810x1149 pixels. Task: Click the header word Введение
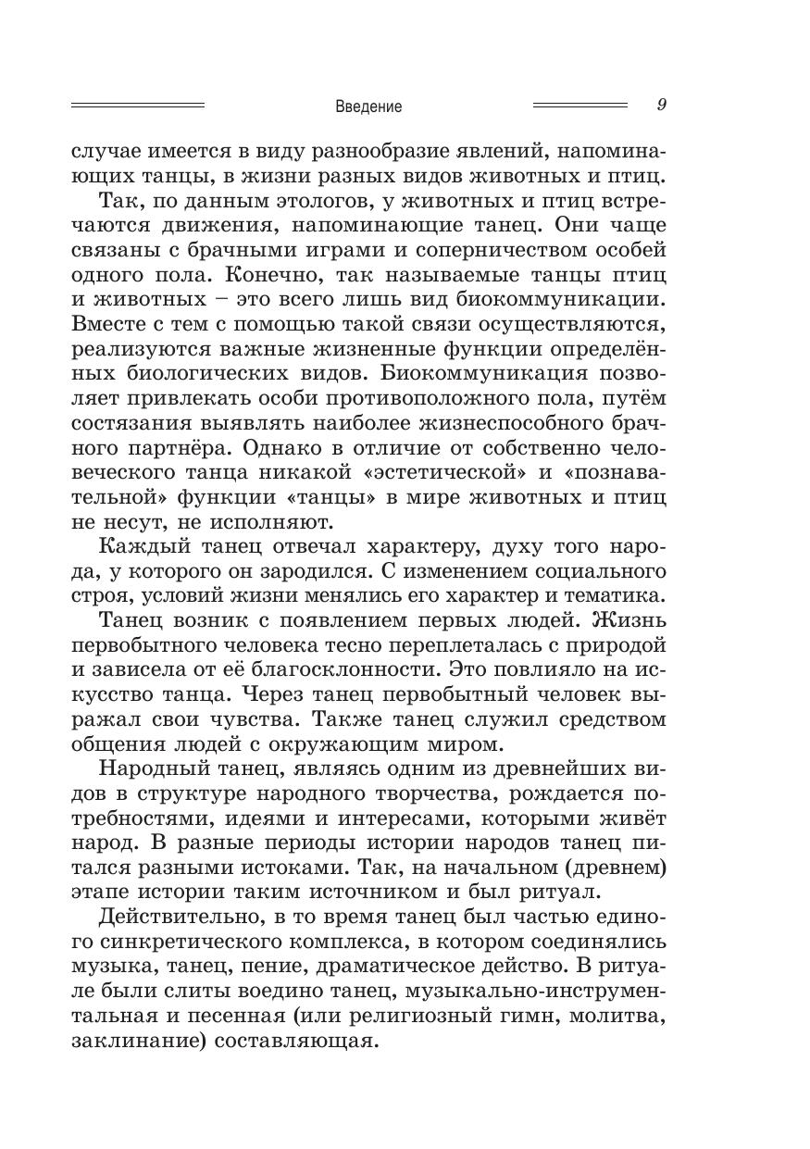tap(368, 106)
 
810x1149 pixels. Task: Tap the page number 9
tap(661, 105)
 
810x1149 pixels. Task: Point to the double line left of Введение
tap(138, 106)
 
